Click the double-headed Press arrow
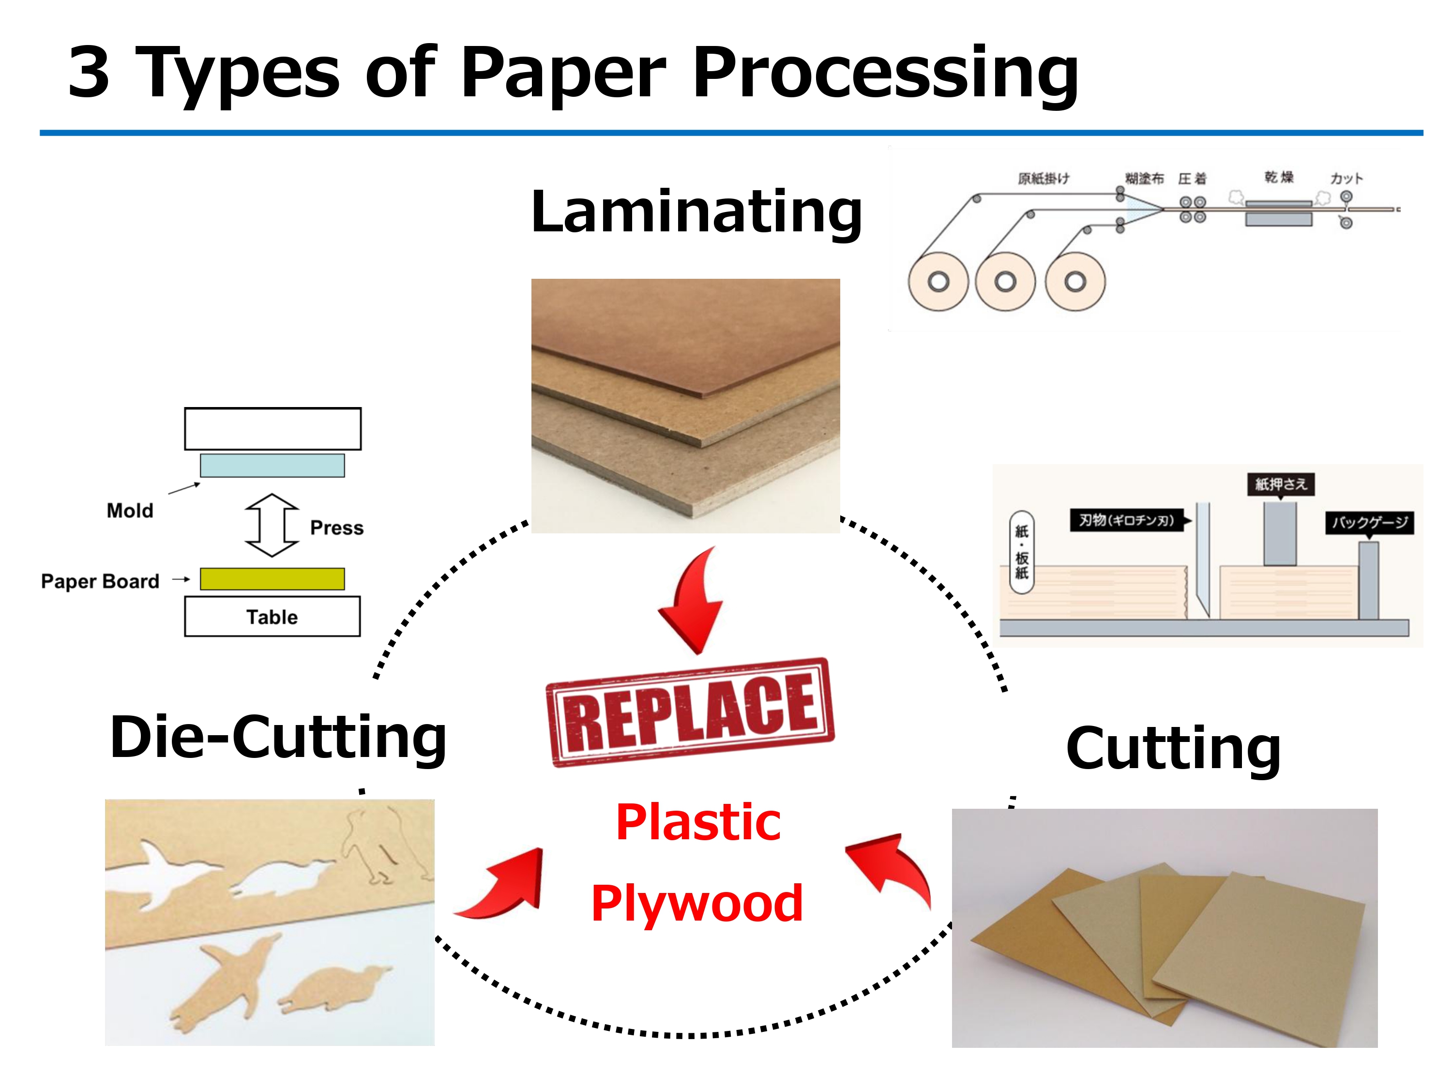click(x=272, y=525)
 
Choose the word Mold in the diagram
click(x=130, y=511)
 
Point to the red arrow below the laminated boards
click(x=693, y=601)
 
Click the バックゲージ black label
click(x=1369, y=523)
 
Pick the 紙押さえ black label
click(x=1280, y=484)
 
